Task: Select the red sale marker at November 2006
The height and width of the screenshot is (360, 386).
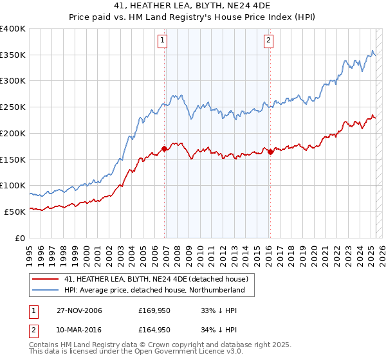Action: click(165, 148)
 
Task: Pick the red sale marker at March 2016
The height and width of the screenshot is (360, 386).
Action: click(270, 151)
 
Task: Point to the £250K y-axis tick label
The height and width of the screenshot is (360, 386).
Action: click(13, 107)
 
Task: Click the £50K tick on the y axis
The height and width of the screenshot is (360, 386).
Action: click(15, 211)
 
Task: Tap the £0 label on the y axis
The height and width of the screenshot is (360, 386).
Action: click(20, 237)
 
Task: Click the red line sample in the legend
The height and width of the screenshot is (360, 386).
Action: click(45, 279)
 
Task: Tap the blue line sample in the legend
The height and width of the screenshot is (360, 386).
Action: click(45, 291)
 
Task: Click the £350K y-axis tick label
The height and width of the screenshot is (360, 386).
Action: click(13, 55)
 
